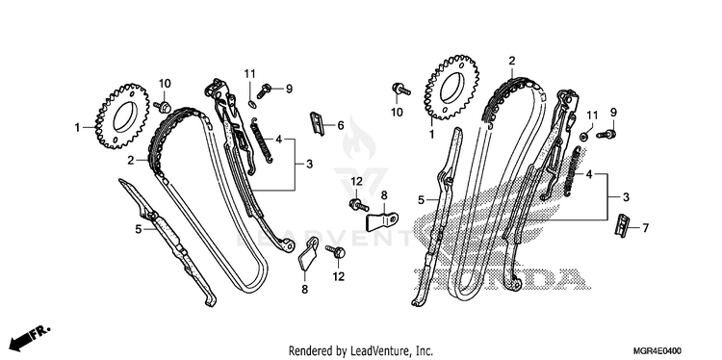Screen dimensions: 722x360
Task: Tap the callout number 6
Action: point(340,125)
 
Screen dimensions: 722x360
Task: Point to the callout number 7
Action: point(645,227)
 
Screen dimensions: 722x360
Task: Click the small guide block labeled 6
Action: point(318,123)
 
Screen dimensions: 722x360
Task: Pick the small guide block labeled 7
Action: point(621,225)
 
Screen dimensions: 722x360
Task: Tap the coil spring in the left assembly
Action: point(264,140)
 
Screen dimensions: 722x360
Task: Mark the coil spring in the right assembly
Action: point(574,168)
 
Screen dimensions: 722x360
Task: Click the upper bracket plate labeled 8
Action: point(382,220)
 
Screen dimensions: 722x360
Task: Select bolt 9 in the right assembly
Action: point(606,135)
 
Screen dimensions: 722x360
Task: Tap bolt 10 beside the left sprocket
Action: point(164,107)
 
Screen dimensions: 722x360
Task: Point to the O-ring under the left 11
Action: point(251,104)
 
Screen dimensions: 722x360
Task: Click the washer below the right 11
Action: point(584,136)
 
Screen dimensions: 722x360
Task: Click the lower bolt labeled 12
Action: point(336,251)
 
